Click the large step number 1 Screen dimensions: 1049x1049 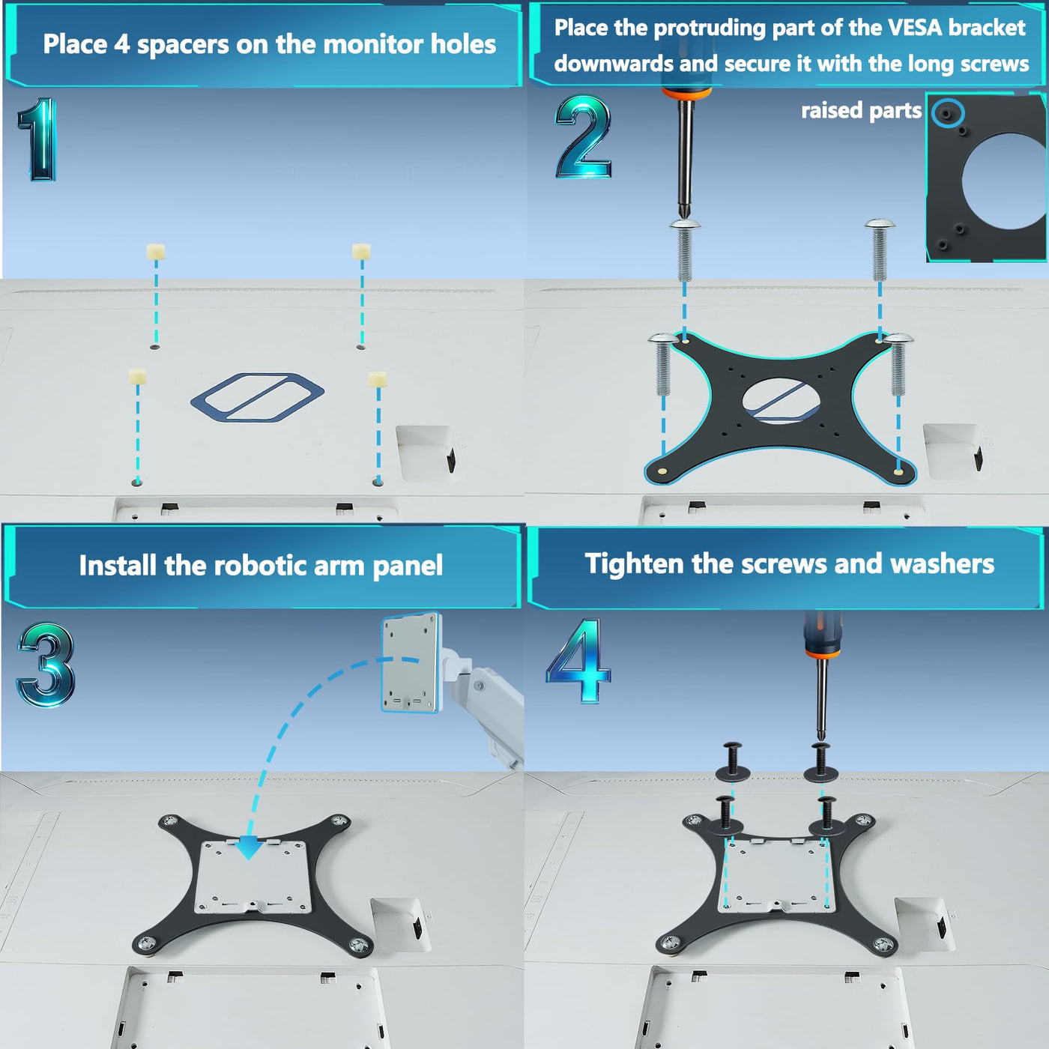pyautogui.click(x=38, y=139)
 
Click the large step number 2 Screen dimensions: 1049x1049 pyautogui.click(x=583, y=136)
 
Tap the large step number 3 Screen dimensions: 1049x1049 pyautogui.click(x=46, y=665)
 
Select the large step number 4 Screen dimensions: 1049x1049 pyautogui.click(x=578, y=660)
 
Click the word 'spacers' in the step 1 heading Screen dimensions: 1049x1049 pyautogui.click(x=183, y=45)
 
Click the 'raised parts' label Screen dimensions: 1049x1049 pyautogui.click(x=861, y=110)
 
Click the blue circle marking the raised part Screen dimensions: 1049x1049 pyautogui.click(x=948, y=113)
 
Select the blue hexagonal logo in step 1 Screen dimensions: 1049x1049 pyautogui.click(x=257, y=397)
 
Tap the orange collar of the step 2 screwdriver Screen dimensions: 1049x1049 pyautogui.click(x=687, y=92)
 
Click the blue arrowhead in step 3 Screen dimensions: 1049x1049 pyautogui.click(x=250, y=847)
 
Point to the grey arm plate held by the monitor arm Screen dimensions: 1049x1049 pyautogui.click(x=411, y=662)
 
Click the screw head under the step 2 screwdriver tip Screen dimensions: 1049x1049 pyautogui.click(x=684, y=224)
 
